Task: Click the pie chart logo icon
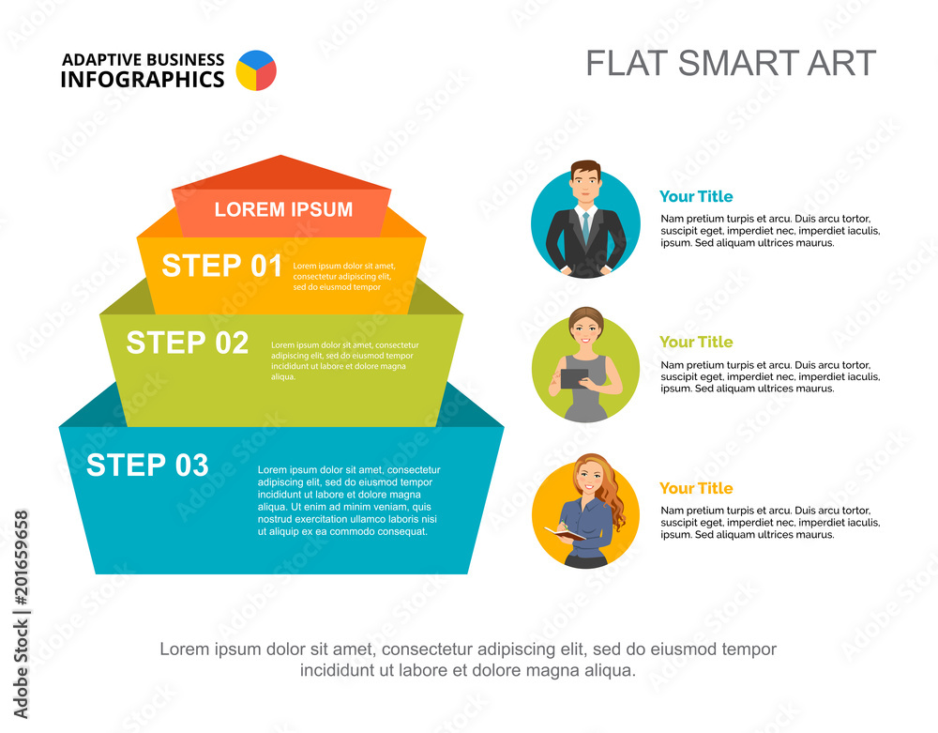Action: pos(256,70)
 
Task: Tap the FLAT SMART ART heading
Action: pos(731,63)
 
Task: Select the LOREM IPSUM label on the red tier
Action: pos(283,209)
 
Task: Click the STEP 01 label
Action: pos(221,266)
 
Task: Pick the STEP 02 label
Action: pos(188,343)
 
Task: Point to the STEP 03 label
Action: pos(147,465)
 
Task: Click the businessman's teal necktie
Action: pos(585,226)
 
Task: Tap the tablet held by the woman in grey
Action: pos(573,377)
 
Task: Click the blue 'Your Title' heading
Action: pos(696,196)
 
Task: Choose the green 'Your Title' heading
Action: pos(696,342)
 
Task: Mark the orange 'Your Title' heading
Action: pos(696,488)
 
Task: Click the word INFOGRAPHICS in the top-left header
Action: pos(143,80)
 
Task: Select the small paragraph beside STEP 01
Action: pos(344,276)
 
